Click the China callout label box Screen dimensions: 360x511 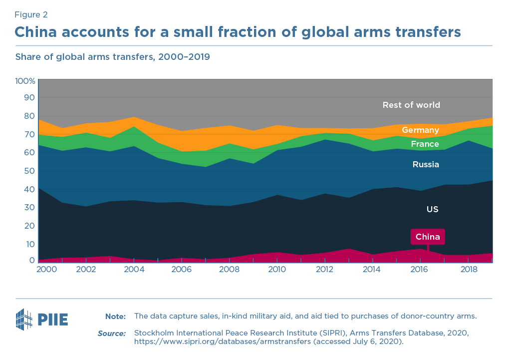coord(428,237)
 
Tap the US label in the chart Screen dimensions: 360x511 coord(432,209)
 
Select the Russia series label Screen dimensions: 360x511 coord(426,164)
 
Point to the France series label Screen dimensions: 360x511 coord(425,144)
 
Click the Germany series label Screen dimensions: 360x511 coord(420,130)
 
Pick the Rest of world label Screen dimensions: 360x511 coord(411,105)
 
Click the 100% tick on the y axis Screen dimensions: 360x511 coord(25,81)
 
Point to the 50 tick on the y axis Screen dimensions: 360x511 coord(30,171)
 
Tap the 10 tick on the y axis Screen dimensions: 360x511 coord(30,244)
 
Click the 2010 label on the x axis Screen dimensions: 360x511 coord(277,269)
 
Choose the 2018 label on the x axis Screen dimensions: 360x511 coord(468,269)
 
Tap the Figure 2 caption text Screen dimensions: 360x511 coord(31,15)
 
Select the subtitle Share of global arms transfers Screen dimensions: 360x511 coord(112,57)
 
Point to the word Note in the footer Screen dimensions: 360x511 coord(115,316)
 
